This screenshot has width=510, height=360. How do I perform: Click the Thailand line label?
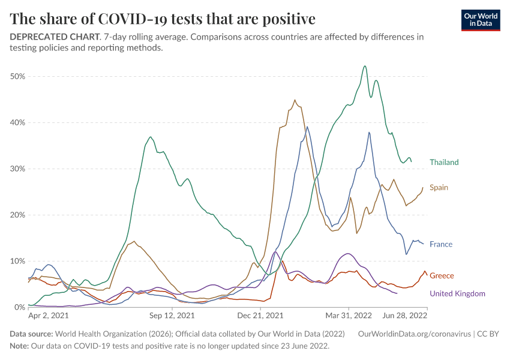443,162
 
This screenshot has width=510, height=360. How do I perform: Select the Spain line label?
439,187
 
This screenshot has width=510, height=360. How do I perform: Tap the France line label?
441,244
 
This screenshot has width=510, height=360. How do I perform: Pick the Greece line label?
442,275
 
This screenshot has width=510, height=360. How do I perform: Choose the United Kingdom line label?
457,293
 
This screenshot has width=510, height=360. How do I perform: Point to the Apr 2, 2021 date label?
49,315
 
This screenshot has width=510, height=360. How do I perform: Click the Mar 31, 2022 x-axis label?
349,315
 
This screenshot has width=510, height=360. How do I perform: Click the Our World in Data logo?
481,19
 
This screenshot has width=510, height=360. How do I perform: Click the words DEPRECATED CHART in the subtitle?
54,37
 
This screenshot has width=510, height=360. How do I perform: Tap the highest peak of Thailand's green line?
365,66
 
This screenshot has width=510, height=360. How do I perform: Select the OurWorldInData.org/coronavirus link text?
414,334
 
